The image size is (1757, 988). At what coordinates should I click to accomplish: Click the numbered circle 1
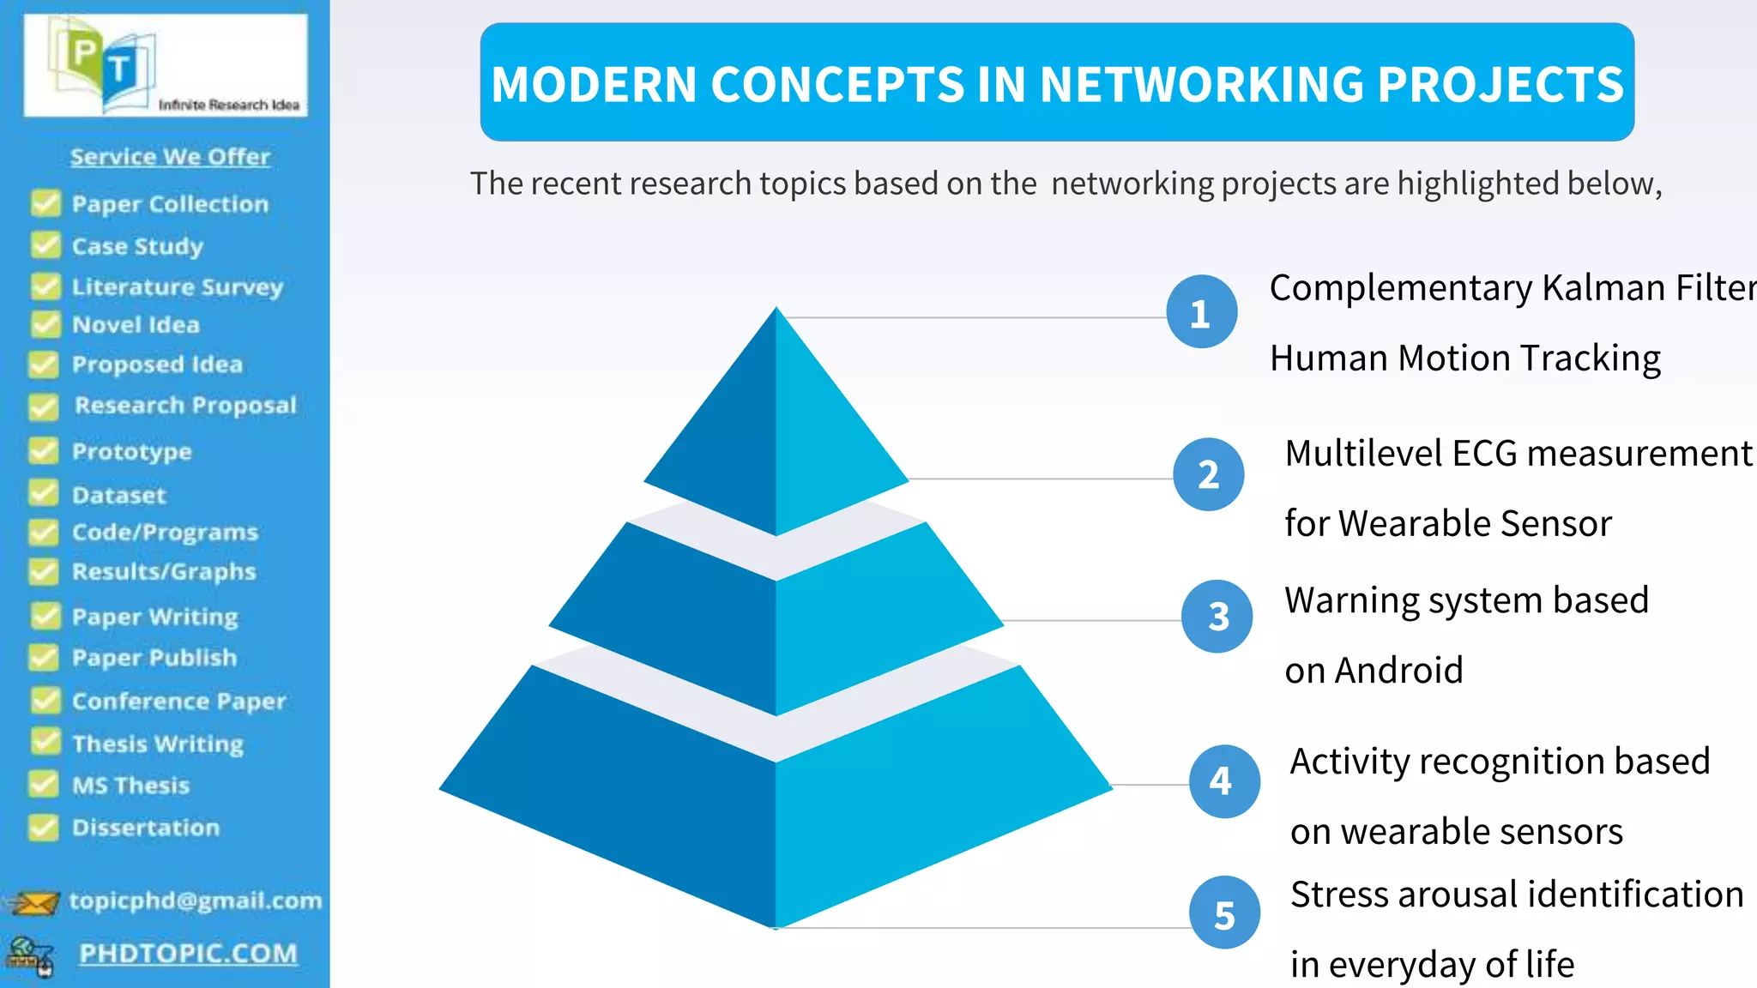pyautogui.click(x=1201, y=312)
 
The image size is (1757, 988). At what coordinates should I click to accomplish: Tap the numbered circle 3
pyautogui.click(x=1217, y=616)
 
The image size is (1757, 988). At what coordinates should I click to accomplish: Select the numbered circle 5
pyautogui.click(x=1224, y=913)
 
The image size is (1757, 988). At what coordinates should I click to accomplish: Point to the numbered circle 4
pyautogui.click(x=1223, y=780)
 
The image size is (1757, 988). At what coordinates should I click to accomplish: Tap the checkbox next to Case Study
pyautogui.click(x=45, y=245)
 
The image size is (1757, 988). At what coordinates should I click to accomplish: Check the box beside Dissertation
pyautogui.click(x=44, y=827)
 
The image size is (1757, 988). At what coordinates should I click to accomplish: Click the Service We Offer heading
pyautogui.click(x=170, y=157)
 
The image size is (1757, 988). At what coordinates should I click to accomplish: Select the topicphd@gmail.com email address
pyautogui.click(x=196, y=901)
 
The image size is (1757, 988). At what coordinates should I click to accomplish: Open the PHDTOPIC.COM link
pyautogui.click(x=188, y=954)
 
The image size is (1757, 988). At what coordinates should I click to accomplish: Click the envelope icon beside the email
pyautogui.click(x=34, y=902)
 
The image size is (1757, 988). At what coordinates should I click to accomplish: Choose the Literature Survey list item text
pyautogui.click(x=177, y=286)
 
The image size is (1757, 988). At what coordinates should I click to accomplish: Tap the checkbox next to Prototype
pyautogui.click(x=44, y=450)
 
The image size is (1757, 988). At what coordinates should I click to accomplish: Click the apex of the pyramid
pyautogui.click(x=776, y=310)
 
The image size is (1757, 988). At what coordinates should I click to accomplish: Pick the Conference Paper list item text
pyautogui.click(x=178, y=701)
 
